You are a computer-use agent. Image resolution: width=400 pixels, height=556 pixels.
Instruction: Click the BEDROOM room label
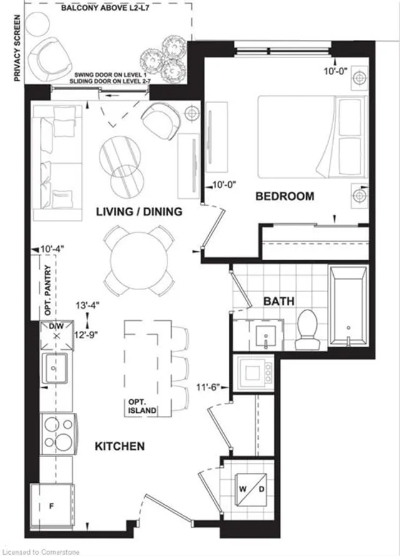pos(285,196)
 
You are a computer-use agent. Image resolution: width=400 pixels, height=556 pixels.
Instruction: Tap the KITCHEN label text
pos(120,446)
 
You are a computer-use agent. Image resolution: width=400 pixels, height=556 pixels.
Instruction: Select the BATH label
pos(279,301)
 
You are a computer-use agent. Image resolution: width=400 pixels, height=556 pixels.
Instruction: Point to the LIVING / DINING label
pos(139,211)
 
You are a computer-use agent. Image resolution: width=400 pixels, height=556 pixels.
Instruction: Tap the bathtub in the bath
pos(348,306)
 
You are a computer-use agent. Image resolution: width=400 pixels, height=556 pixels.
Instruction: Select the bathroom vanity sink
pos(266,335)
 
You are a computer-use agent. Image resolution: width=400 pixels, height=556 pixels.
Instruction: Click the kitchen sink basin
pos(54,368)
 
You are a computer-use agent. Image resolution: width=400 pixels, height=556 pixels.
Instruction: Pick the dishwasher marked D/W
pos(56,335)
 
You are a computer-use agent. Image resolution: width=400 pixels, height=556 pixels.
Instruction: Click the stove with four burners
pos(58,434)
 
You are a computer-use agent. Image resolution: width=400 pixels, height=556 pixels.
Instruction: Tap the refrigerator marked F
pos(52,507)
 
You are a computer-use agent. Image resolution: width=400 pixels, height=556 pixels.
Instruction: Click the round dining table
pos(139,260)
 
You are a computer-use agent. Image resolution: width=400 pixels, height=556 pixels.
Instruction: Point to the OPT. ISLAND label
pos(142,407)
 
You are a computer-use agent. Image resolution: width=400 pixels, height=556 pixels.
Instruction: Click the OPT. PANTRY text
pos(48,290)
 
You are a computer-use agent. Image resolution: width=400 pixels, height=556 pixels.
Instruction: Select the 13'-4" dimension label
pos(87,305)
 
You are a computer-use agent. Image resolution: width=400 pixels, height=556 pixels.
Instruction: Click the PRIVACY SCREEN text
pos(17,48)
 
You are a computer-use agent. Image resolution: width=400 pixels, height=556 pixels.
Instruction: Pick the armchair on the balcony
pos(50,59)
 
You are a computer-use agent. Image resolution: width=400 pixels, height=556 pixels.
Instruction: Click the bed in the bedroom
pos(312,137)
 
